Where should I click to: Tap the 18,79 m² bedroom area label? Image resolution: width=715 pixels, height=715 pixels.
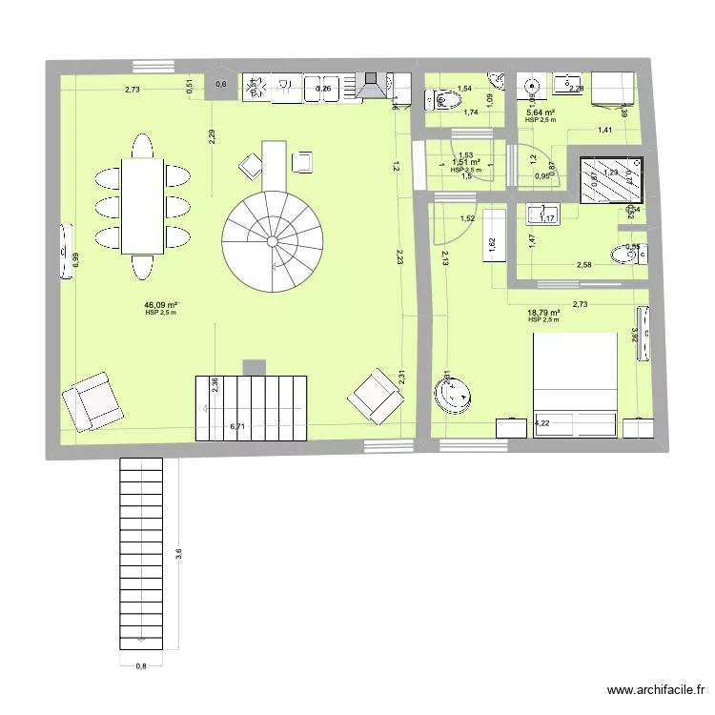(x=543, y=312)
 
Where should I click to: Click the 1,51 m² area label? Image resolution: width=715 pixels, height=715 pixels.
(x=466, y=163)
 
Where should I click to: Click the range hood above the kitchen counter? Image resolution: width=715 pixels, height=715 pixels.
(x=372, y=86)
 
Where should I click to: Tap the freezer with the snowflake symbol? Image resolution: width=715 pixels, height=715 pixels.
(x=255, y=88)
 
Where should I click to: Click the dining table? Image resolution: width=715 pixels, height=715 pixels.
(x=142, y=206)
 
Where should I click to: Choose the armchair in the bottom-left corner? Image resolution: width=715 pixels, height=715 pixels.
(x=93, y=398)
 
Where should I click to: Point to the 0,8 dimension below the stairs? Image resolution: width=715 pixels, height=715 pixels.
(x=141, y=666)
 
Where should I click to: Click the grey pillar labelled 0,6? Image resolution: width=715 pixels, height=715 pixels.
(x=221, y=86)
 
